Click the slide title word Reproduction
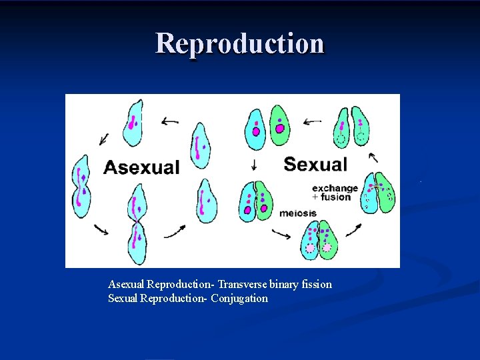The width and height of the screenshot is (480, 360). [x=240, y=43]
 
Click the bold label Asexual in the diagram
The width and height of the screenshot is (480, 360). [x=141, y=167]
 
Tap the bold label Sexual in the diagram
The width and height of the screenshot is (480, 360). [x=316, y=164]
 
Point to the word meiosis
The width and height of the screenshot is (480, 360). [x=298, y=213]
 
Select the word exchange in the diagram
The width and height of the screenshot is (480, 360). [x=335, y=188]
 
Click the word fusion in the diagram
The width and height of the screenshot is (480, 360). [x=336, y=197]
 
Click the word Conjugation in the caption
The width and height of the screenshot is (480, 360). [x=239, y=299]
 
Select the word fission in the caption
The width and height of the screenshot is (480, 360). [x=316, y=285]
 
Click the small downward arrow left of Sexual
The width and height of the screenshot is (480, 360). [x=254, y=165]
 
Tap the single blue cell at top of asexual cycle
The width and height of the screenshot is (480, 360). [x=133, y=123]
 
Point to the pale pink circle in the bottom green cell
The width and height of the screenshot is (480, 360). [x=327, y=247]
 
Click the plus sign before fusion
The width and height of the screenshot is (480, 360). [x=315, y=197]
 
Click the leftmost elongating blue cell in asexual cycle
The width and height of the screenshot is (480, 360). [x=81, y=186]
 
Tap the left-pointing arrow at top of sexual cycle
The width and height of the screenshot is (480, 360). [x=312, y=122]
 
